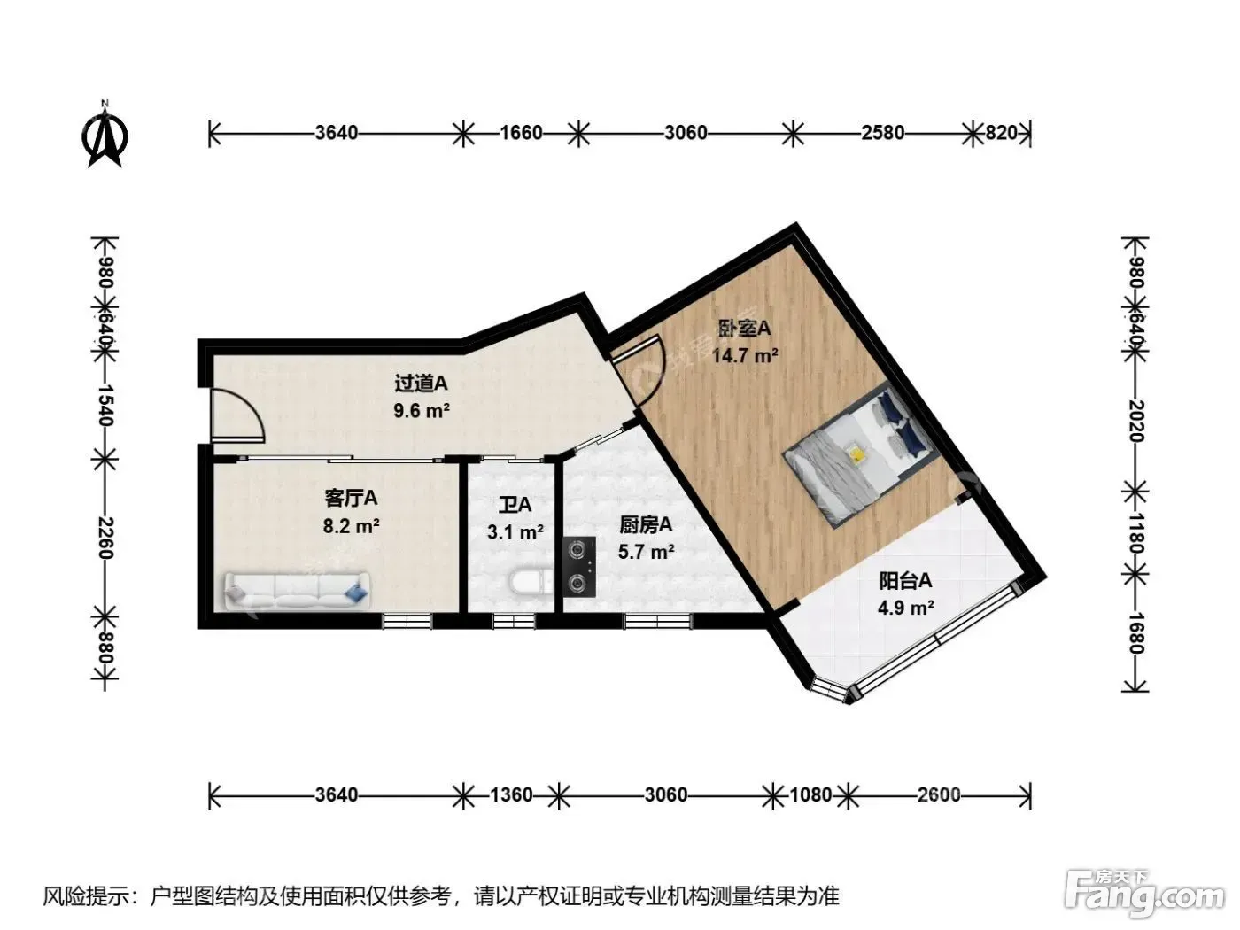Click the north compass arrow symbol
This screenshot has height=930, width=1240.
coord(105,135)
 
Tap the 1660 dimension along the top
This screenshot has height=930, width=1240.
coord(521,133)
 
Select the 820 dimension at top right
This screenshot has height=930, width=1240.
coord(1001,133)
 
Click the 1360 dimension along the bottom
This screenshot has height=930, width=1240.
coord(511,795)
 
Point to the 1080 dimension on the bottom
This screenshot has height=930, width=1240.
coord(810,795)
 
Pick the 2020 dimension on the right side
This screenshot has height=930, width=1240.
coord(1135,422)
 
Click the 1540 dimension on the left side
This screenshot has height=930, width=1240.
coord(105,405)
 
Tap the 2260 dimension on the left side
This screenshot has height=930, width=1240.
coord(105,538)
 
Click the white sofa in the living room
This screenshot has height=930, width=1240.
coord(297,591)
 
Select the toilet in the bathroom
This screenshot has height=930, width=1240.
coord(531,583)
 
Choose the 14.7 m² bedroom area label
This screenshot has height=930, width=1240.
coord(745,356)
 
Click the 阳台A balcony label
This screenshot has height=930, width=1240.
coord(905,580)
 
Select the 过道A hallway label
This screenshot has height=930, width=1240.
coord(421,384)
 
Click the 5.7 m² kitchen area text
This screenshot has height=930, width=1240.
coord(647,551)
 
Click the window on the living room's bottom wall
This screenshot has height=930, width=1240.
coord(407,622)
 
